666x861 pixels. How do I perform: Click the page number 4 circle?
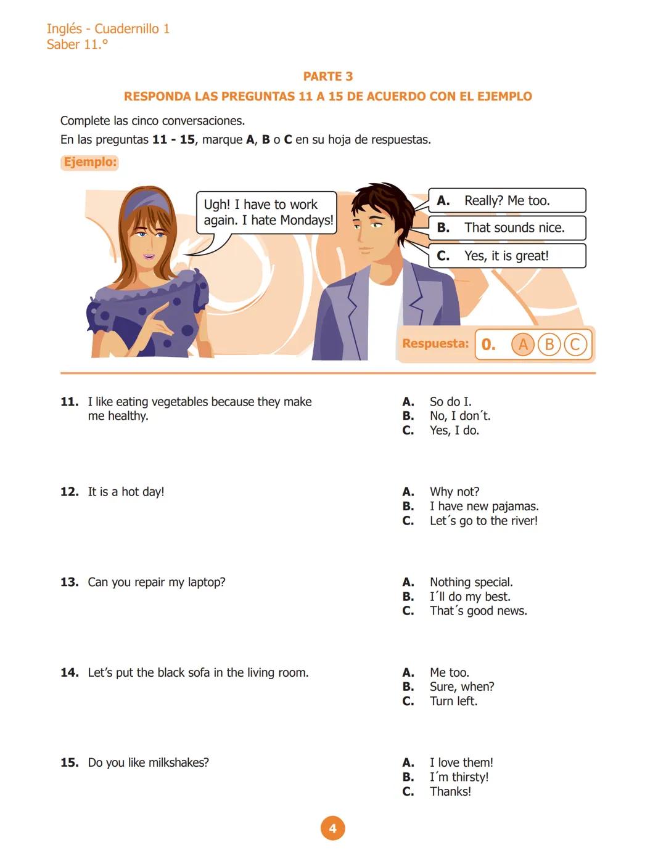click(x=332, y=828)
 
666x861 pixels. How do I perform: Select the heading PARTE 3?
click(x=327, y=76)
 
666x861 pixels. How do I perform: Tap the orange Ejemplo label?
click(x=89, y=162)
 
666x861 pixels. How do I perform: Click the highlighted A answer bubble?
click(x=523, y=344)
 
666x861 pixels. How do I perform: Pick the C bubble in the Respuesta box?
click(x=575, y=344)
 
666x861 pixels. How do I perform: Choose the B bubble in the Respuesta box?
click(x=549, y=344)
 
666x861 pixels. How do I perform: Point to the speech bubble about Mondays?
click(x=266, y=213)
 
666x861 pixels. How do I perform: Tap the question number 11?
click(x=69, y=402)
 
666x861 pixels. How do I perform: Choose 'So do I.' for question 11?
click(x=450, y=402)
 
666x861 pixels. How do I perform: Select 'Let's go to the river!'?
click(x=483, y=521)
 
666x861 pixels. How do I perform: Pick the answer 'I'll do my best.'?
click(x=470, y=597)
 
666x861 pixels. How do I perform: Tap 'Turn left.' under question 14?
click(x=453, y=701)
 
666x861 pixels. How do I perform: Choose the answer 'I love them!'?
click(x=461, y=762)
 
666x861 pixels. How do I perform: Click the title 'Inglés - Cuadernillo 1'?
click(x=108, y=28)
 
